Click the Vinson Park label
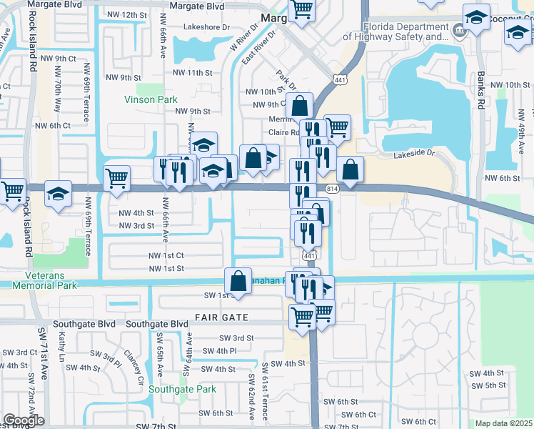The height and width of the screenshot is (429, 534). [x=150, y=99]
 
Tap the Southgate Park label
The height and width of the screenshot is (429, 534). [x=182, y=390]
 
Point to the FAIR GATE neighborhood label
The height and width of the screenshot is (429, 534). [x=221, y=317]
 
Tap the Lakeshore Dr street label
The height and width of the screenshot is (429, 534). [x=206, y=27]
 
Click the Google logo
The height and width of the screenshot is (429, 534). [x=24, y=420]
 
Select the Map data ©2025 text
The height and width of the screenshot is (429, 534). [x=503, y=423]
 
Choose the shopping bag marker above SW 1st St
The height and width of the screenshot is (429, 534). [x=238, y=280]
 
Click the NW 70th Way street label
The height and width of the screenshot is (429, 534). [x=57, y=96]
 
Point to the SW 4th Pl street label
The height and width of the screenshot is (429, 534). [x=219, y=351]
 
